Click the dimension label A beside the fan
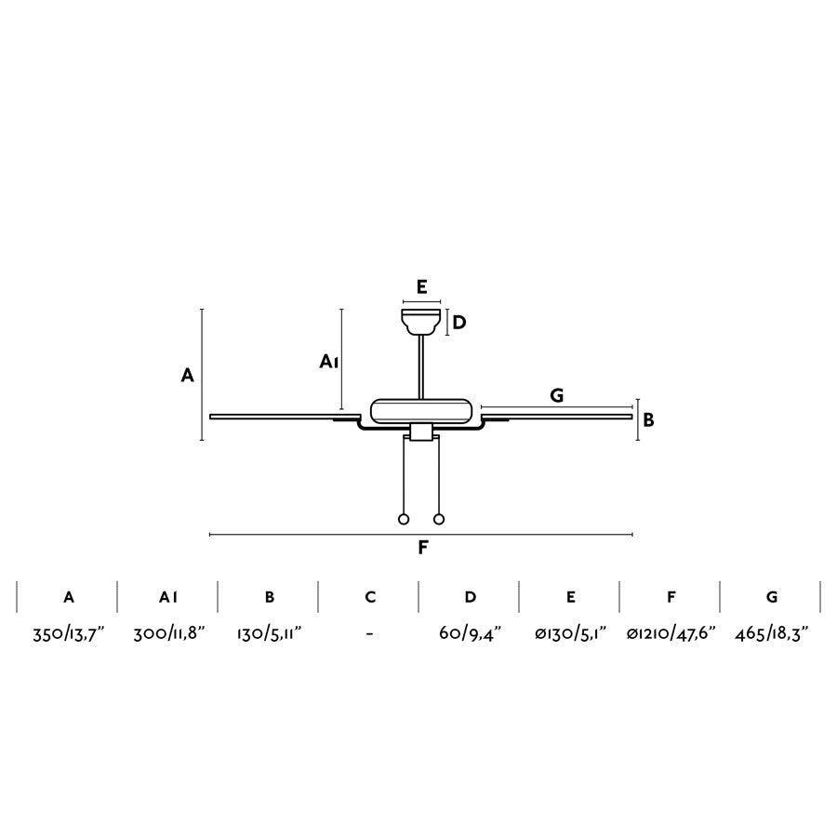tap(187, 376)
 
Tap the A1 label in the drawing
tap(329, 362)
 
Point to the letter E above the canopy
tap(421, 287)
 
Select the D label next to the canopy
tap(459, 323)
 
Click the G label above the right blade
tap(557, 395)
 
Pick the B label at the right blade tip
tap(648, 420)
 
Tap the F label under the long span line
tap(423, 547)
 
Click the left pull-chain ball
tap(404, 519)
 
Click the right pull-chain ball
tap(439, 519)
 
